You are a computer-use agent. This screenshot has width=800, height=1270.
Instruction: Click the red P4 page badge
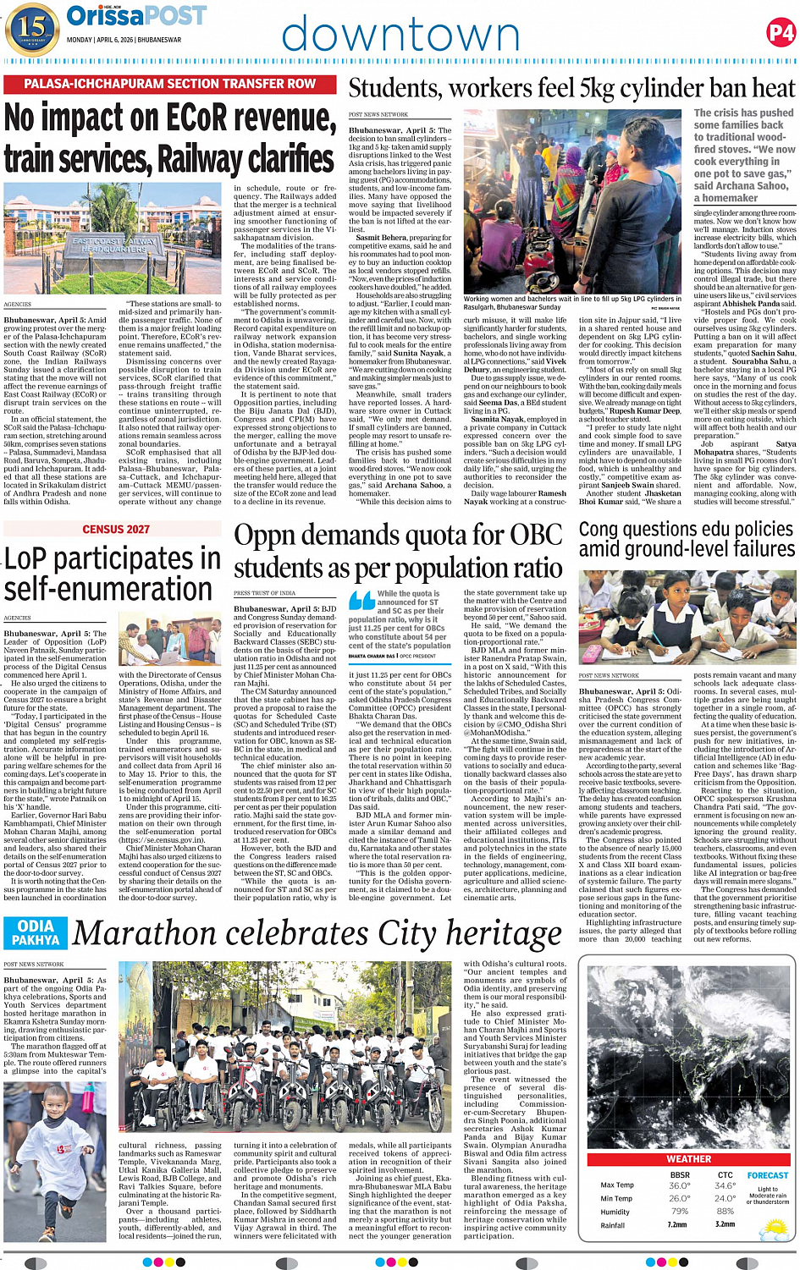point(781,33)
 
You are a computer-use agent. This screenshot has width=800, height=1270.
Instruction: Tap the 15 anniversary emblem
point(31,27)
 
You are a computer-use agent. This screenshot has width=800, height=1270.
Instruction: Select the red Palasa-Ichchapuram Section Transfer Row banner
point(170,84)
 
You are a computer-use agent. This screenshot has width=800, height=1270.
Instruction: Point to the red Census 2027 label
point(116,529)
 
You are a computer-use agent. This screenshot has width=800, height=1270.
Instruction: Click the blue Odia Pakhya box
point(36,932)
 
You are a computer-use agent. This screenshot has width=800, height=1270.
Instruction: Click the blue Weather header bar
point(688,1159)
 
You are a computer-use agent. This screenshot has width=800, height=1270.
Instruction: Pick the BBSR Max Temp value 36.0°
point(679,1185)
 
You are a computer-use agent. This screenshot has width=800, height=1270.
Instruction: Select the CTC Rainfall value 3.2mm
point(725,1224)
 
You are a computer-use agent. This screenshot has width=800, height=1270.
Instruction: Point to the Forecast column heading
point(767,1175)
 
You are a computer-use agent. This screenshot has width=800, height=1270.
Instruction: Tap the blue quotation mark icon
point(361,601)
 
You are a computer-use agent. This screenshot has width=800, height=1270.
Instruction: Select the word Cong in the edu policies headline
point(601,530)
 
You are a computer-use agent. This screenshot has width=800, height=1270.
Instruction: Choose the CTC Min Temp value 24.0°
point(725,1198)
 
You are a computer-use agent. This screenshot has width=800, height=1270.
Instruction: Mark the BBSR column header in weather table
point(679,1175)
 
